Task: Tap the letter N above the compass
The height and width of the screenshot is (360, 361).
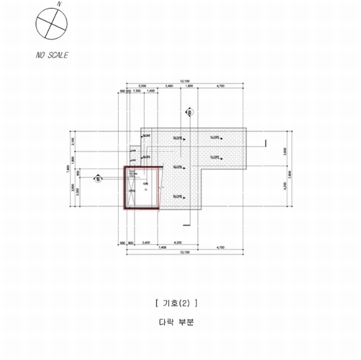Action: (x=59, y=4)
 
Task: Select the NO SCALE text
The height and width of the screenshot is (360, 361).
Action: (x=52, y=55)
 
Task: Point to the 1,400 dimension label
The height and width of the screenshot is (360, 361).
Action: (x=151, y=91)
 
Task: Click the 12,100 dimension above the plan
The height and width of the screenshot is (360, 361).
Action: (x=185, y=81)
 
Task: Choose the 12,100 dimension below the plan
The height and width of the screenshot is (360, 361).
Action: (x=185, y=253)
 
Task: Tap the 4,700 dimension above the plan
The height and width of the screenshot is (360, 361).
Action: (x=220, y=86)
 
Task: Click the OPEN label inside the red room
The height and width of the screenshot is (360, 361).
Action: (x=132, y=191)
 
